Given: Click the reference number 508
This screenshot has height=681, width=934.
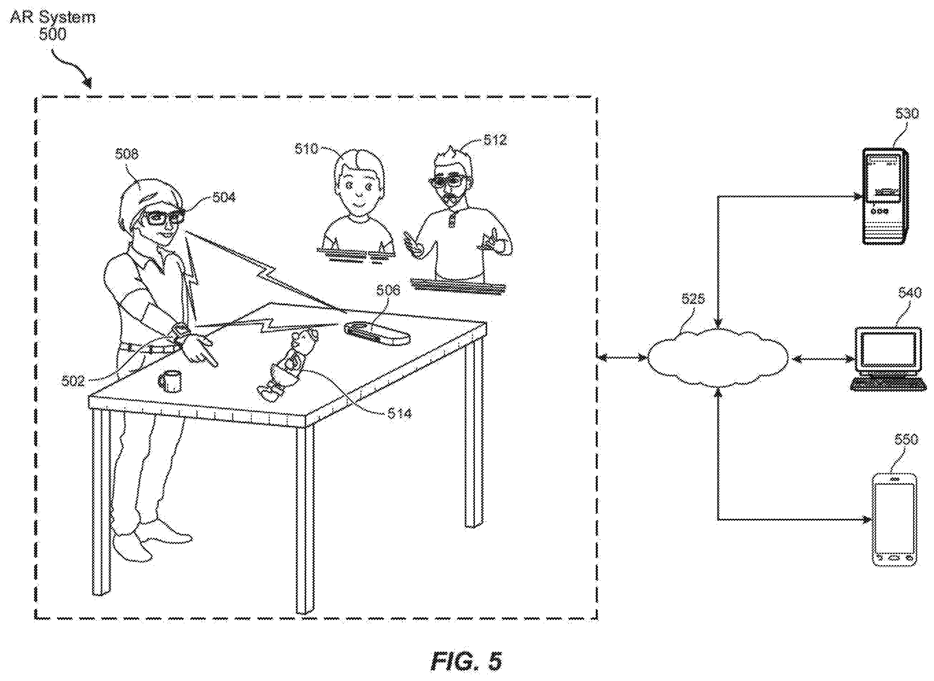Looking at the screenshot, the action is point(126,154).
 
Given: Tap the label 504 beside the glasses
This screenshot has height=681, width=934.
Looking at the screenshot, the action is point(224,198).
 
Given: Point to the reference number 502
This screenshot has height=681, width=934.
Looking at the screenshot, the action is point(73,381).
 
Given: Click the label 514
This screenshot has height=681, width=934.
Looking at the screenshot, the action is point(399,413).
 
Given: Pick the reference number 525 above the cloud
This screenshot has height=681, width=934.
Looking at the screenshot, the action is point(693,299).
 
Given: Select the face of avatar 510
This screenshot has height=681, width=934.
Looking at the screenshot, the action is point(358,190).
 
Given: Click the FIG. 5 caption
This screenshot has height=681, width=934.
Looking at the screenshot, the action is point(466,662).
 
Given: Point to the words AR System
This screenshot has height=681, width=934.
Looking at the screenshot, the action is point(52,17).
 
